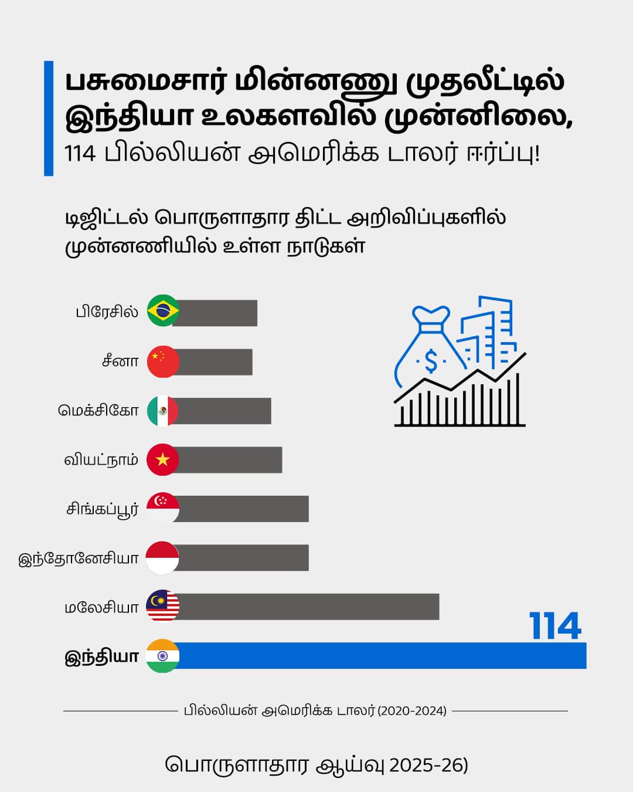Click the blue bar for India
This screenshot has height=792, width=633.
point(381,655)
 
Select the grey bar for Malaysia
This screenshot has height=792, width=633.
point(308,607)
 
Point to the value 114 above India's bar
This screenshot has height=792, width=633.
point(555,626)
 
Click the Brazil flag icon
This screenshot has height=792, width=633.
point(163,311)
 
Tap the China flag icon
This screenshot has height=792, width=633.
point(163,361)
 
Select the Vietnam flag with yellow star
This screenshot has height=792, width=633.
point(163,459)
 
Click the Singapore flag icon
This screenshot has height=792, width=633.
point(163,508)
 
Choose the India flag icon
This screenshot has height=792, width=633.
point(163,656)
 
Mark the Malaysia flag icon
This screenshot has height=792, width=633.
point(163,606)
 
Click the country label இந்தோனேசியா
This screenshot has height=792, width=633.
point(79,558)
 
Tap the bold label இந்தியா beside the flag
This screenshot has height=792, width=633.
point(101,656)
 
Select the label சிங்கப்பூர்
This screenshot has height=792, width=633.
point(102,509)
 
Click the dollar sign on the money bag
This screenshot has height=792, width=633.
point(431,361)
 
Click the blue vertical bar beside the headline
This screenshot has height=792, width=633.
point(49,118)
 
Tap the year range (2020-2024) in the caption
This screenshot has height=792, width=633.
point(412,711)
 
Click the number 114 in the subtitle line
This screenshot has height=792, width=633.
point(80,154)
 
